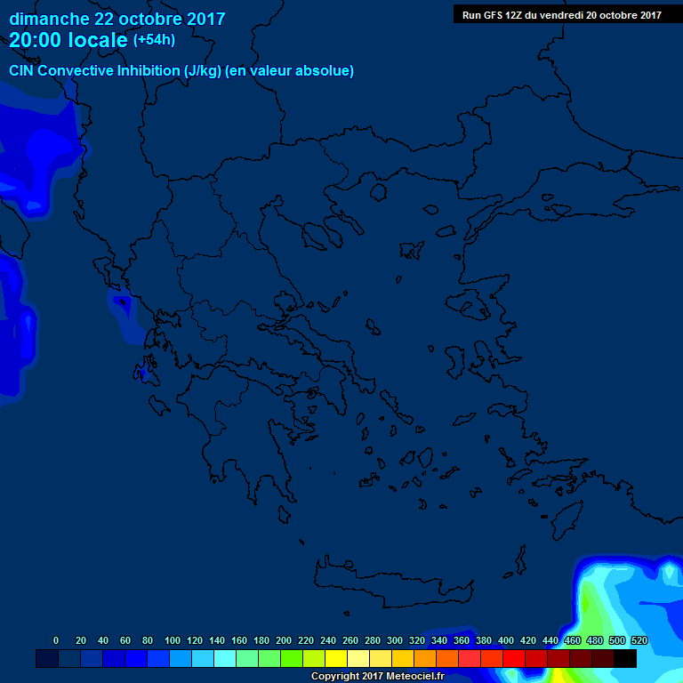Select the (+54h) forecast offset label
(x=153, y=40)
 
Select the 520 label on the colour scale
(x=639, y=640)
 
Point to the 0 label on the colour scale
(x=56, y=640)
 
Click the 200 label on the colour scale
(x=284, y=640)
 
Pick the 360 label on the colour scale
(x=462, y=640)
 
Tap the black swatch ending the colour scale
(x=625, y=658)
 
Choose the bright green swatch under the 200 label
(x=292, y=658)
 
